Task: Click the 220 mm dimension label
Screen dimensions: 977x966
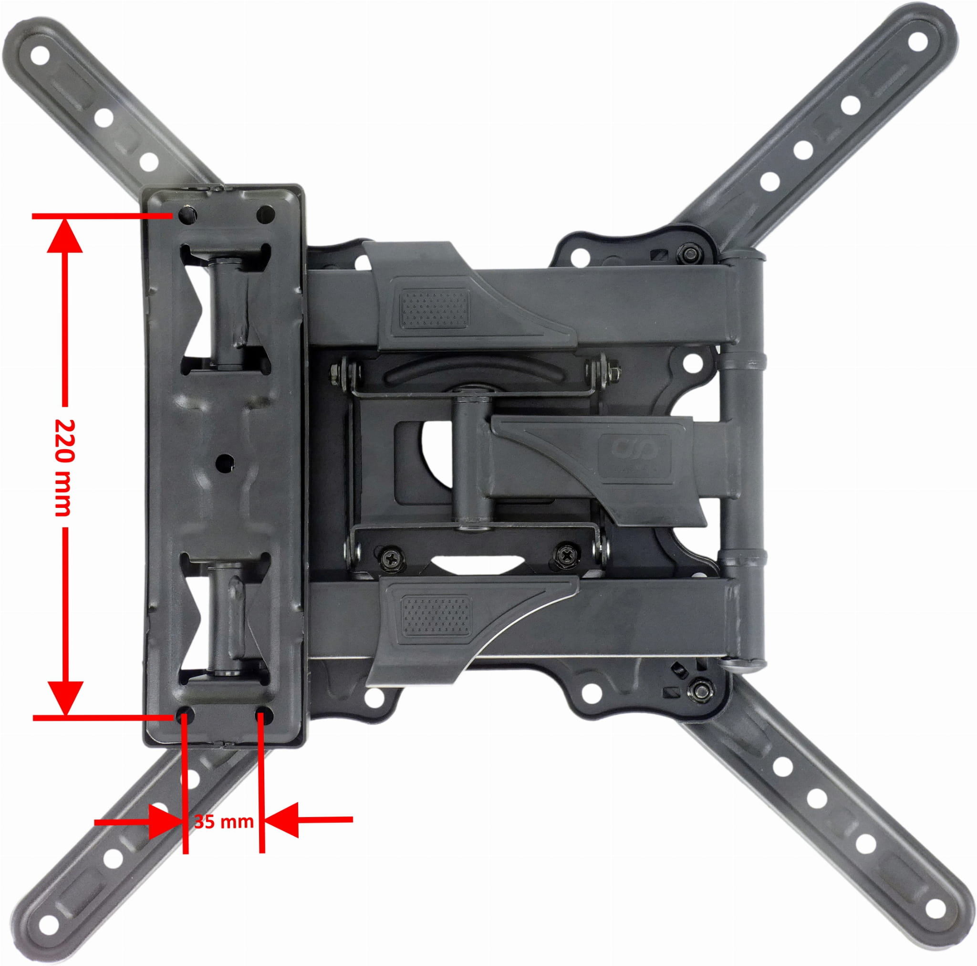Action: [x=64, y=467]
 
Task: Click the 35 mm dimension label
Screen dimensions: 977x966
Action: [x=224, y=821]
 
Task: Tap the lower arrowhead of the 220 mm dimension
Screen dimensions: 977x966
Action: [x=65, y=698]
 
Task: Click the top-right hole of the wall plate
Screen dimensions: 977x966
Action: [x=266, y=215]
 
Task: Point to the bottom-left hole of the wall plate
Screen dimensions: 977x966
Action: [x=184, y=715]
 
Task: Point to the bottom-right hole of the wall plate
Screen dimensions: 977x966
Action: [x=264, y=715]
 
